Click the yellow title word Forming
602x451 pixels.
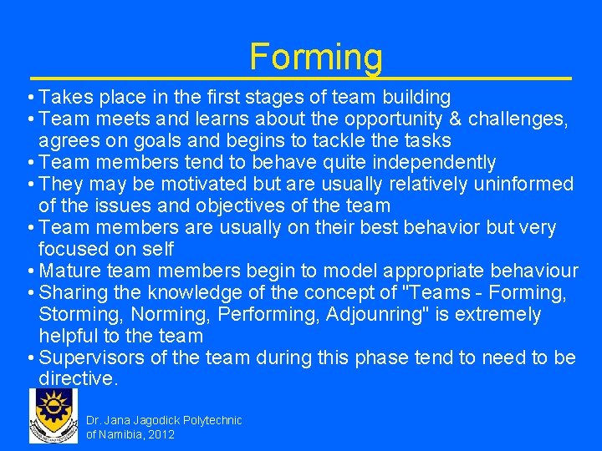pos(316,57)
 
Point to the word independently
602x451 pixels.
pos(426,162)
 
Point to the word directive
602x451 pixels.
pos(79,379)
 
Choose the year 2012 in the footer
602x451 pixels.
pos(161,435)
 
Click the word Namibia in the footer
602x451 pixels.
pos(121,435)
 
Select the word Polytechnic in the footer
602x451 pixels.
pos(212,420)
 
